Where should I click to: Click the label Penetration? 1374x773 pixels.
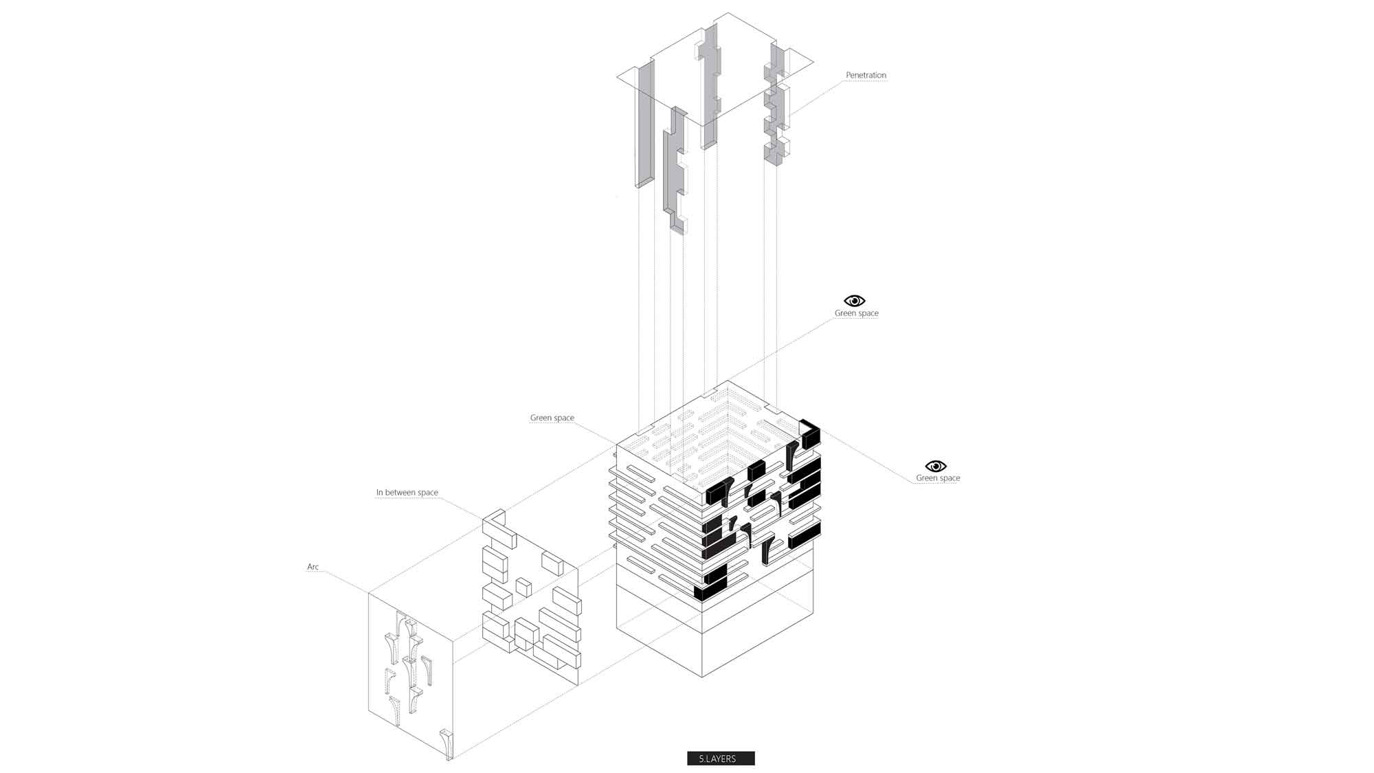click(866, 75)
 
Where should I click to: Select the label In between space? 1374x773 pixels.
click(407, 493)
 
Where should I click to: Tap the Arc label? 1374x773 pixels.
click(313, 567)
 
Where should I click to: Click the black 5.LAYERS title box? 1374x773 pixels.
click(721, 759)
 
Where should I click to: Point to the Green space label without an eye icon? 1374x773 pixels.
click(552, 418)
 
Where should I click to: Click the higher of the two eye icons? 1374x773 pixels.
click(855, 301)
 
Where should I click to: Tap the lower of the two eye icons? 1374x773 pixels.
click(936, 467)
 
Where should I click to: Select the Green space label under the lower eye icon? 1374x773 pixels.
click(938, 478)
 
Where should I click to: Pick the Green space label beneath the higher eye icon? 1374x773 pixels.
click(857, 313)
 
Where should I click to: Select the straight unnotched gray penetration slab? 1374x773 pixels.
click(644, 124)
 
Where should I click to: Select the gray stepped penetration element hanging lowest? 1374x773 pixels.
click(675, 172)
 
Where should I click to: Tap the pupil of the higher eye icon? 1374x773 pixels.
click(855, 301)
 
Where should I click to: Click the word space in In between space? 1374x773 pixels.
click(427, 493)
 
